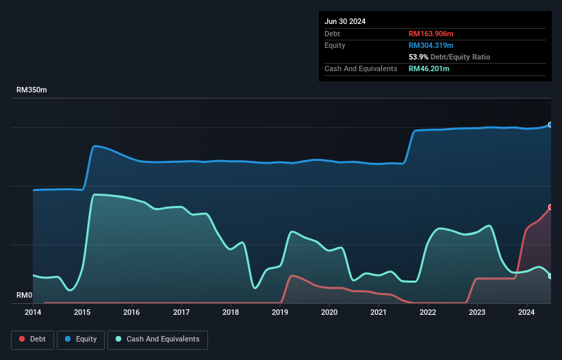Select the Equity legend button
click(x=81, y=339)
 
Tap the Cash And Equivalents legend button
click(x=157, y=339)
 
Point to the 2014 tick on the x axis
click(x=33, y=312)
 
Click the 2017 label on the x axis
click(x=181, y=312)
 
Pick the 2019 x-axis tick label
click(x=280, y=312)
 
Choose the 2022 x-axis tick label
click(x=428, y=312)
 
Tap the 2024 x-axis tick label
click(x=526, y=312)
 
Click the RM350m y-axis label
click(x=31, y=90)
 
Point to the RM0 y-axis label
click(x=24, y=296)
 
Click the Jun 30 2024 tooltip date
click(x=345, y=21)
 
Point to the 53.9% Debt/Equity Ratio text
click(x=449, y=57)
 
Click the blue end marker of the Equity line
click(x=550, y=125)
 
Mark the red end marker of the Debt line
click(x=550, y=207)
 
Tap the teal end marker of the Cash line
click(x=550, y=276)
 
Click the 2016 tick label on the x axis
click(x=131, y=312)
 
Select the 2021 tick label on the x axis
click(x=379, y=312)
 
